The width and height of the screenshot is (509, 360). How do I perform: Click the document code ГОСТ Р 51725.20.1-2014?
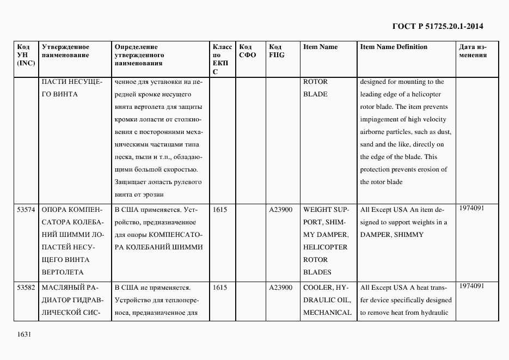(438, 26)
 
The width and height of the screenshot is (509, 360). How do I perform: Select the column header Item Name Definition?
(394, 47)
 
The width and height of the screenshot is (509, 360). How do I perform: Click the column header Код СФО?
(248, 51)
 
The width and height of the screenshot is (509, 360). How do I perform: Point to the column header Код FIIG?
(277, 51)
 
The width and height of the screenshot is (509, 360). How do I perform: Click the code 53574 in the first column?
(26, 210)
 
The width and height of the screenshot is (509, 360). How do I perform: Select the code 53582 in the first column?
(26, 288)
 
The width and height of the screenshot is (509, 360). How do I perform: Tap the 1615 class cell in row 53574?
(220, 210)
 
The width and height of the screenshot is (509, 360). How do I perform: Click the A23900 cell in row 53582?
(281, 288)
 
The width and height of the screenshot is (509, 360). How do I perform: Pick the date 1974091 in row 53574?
(471, 208)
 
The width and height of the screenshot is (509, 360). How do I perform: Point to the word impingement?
(381, 120)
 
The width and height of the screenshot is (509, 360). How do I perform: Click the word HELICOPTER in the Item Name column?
(325, 247)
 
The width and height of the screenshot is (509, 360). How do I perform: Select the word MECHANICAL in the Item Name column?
(327, 313)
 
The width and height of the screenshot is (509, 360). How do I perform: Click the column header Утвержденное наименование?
(65, 51)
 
